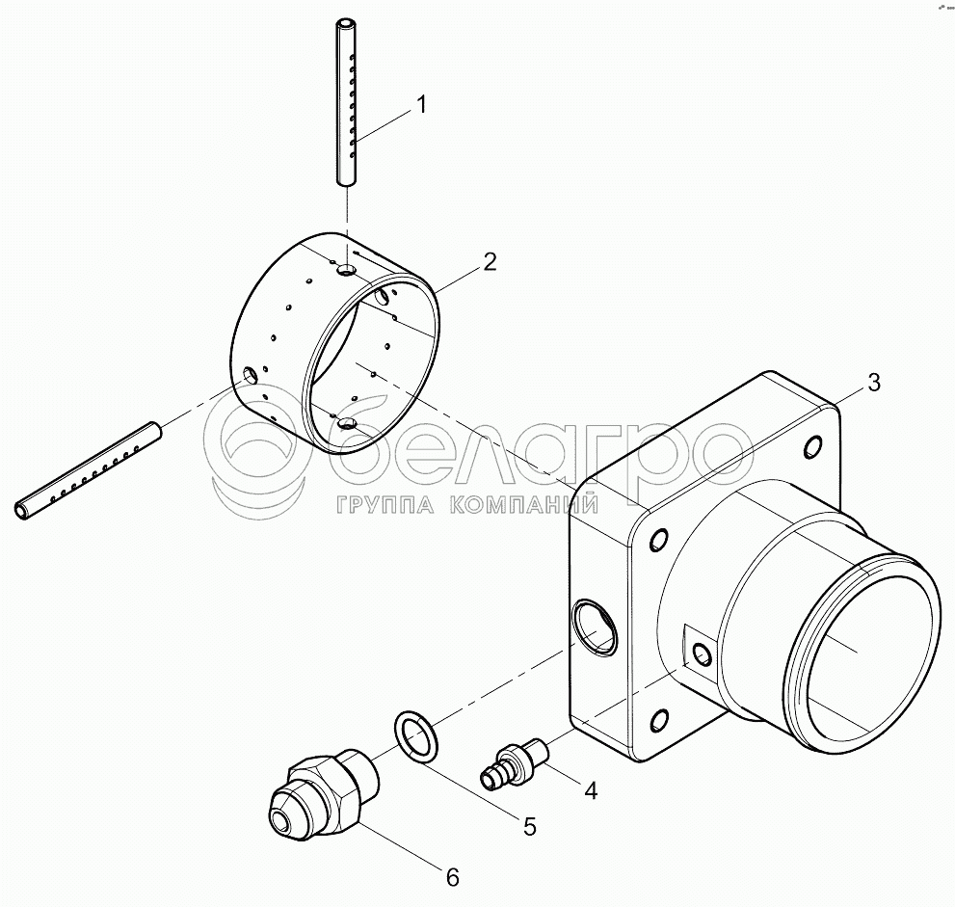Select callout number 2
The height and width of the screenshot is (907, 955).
pyautogui.click(x=490, y=261)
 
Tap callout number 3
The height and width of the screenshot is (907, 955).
pyautogui.click(x=873, y=382)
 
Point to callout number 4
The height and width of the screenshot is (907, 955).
pyautogui.click(x=590, y=790)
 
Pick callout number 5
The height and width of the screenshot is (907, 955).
pyautogui.click(x=530, y=825)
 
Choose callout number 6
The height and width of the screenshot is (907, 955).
pyautogui.click(x=452, y=876)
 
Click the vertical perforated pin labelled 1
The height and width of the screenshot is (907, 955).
pyautogui.click(x=346, y=101)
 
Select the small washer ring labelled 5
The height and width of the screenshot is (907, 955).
pyautogui.click(x=415, y=734)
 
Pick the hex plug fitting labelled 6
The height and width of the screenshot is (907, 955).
pyautogui.click(x=317, y=794)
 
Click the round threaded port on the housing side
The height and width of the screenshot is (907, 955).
pyautogui.click(x=595, y=626)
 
